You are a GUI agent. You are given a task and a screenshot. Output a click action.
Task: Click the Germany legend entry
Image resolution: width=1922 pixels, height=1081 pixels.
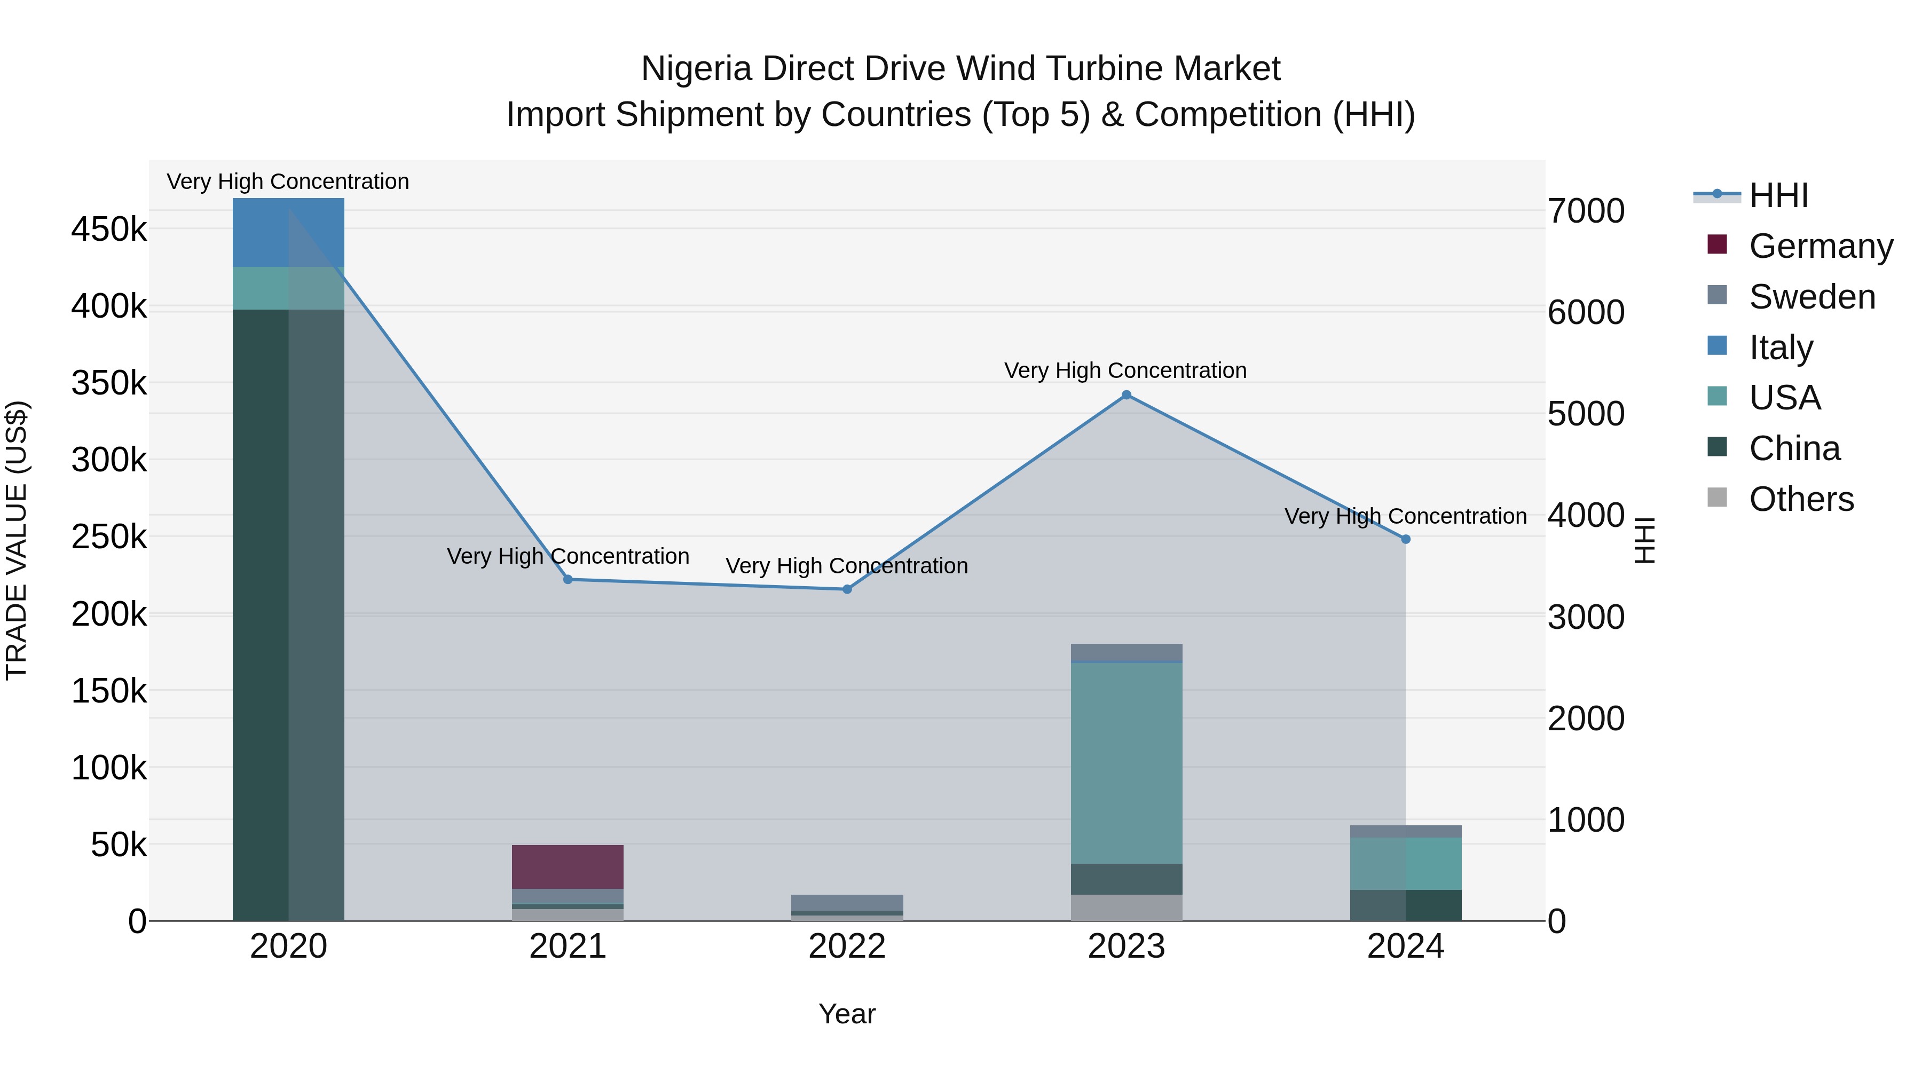coord(1821,246)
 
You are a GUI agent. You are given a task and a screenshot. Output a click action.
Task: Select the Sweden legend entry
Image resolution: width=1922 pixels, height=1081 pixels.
coord(1811,297)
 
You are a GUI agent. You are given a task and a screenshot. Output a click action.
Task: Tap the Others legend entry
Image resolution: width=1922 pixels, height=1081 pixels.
coord(1801,499)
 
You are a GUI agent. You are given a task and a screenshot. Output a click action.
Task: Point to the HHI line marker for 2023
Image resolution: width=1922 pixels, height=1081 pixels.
coord(1127,396)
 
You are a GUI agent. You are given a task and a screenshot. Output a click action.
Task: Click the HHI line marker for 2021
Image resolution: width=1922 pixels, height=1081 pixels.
coord(568,580)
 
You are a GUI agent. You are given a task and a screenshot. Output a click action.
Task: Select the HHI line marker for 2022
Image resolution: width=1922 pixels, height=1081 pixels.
coord(847,589)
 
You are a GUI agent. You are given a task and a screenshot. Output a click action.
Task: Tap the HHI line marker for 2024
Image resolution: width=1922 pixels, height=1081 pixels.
coord(1406,539)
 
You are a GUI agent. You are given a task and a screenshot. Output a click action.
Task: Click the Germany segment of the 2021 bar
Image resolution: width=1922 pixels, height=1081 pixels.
coord(568,867)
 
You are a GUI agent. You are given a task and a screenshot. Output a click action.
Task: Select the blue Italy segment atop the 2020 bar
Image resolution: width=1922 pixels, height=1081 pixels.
coord(289,232)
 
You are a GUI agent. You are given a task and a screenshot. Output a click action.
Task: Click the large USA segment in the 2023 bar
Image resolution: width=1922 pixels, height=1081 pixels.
coord(1127,762)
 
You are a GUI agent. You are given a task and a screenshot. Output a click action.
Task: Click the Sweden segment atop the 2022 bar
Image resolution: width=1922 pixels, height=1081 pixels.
coord(847,903)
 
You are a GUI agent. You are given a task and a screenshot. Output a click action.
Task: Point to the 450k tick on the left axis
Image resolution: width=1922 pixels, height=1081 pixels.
coord(109,230)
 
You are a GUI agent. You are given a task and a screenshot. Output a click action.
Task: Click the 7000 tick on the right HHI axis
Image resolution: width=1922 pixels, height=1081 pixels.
coord(1586,211)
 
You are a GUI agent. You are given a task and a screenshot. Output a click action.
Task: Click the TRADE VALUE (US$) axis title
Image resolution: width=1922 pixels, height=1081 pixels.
coord(17,540)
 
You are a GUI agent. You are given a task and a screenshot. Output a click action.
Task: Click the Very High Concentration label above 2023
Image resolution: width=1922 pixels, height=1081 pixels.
coord(1125,371)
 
